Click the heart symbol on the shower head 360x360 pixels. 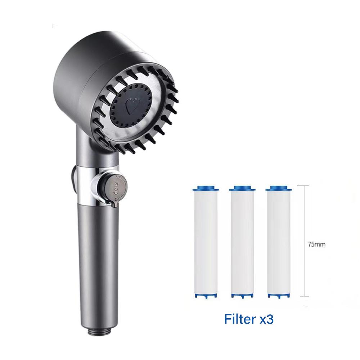[133, 106]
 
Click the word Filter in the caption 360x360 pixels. [240, 319]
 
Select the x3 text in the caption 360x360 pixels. [266, 319]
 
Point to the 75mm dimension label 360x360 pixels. [316, 244]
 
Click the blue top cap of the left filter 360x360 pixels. [206, 189]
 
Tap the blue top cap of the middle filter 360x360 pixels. [242, 189]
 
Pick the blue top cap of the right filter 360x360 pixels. [279, 189]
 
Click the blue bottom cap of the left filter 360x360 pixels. [206, 296]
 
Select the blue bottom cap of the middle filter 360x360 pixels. [242, 296]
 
